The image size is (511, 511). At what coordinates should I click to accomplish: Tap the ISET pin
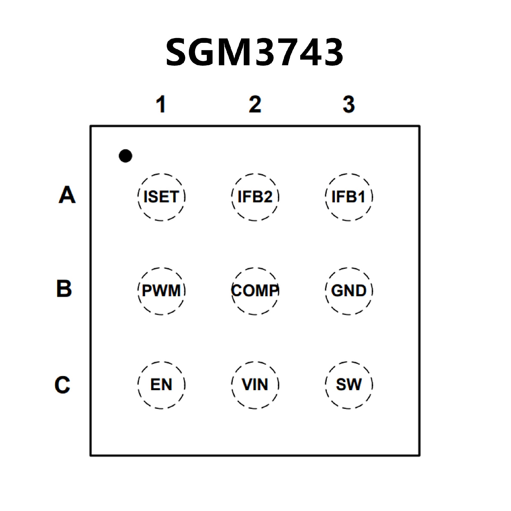161,197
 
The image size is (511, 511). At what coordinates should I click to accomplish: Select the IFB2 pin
255,197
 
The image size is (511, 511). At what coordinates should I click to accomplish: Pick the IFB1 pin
349,197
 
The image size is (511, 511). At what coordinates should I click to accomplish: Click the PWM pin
161,291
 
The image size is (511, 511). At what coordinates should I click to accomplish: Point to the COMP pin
255,291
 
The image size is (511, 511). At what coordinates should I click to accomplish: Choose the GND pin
349,291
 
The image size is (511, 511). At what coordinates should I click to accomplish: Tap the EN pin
161,385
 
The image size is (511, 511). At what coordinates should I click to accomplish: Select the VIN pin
255,385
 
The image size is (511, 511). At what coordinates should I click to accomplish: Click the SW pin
349,385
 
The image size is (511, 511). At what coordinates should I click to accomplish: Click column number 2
255,104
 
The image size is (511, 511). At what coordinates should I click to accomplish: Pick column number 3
349,104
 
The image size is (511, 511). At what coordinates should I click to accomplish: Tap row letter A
67,195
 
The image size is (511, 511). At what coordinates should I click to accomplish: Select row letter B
64,289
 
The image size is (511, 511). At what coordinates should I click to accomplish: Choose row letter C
63,385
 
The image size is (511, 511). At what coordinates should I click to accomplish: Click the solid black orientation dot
125,156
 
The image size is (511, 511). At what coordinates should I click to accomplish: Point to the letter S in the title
178,52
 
